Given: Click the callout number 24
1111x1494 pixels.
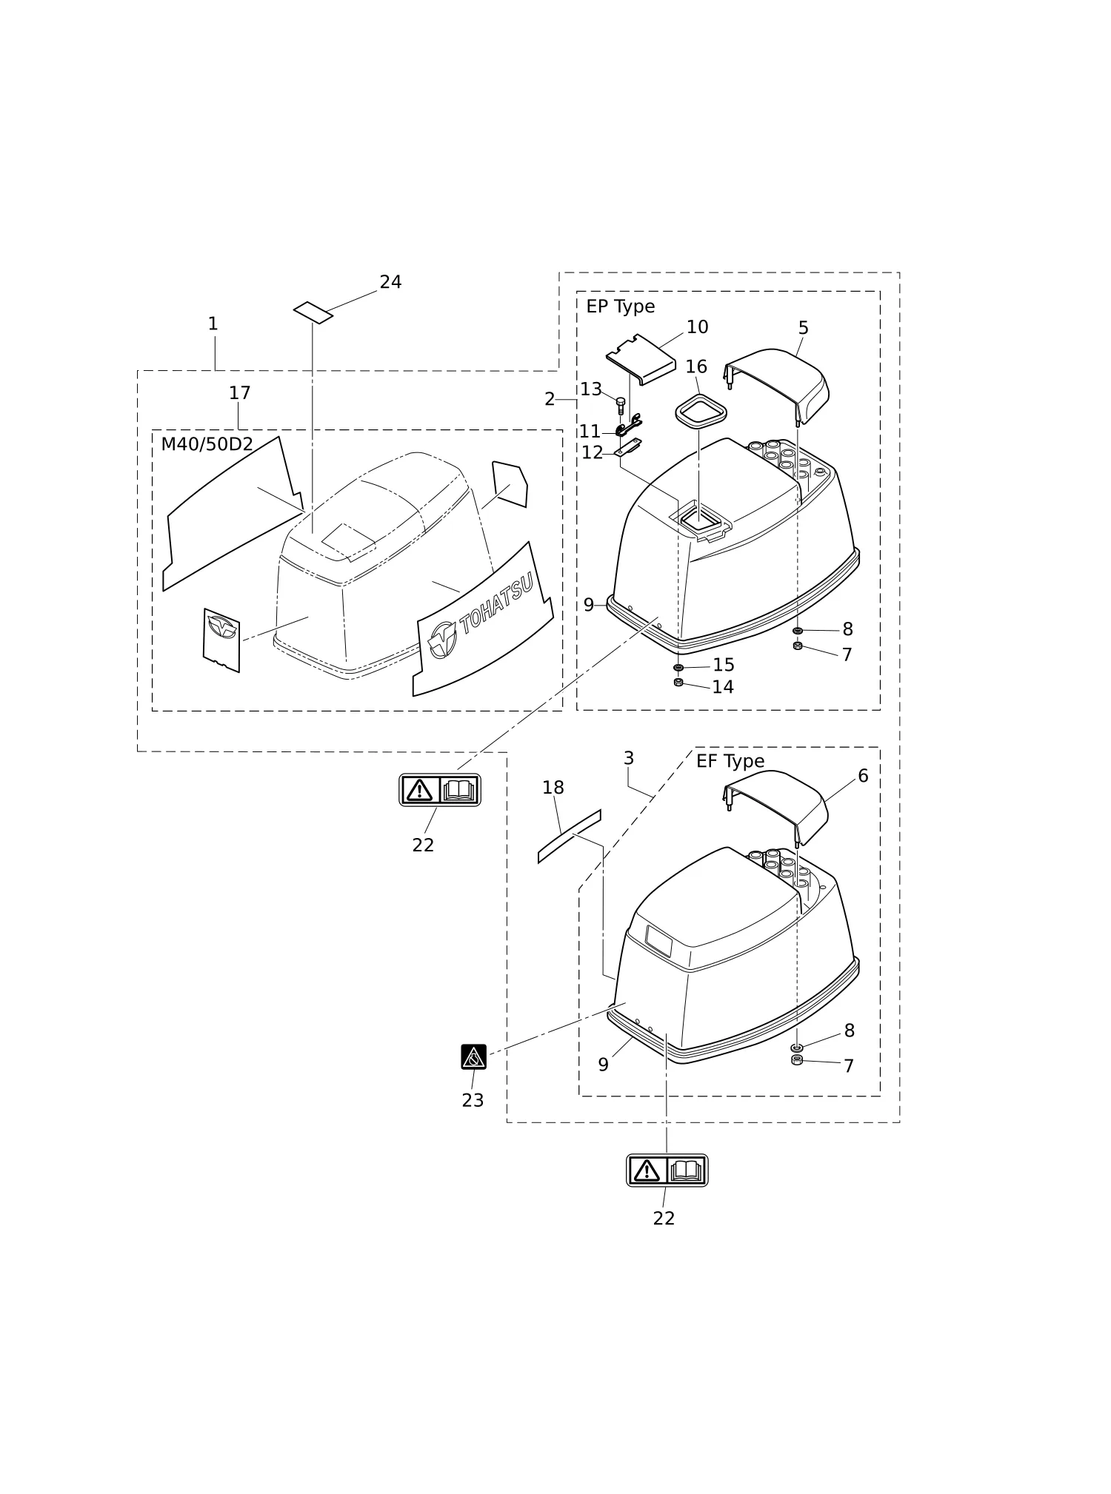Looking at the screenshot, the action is [390, 282].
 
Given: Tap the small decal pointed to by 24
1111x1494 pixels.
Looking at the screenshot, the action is [313, 312].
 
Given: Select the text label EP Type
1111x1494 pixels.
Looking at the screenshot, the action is [621, 306].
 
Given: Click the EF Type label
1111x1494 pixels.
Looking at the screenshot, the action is [730, 761].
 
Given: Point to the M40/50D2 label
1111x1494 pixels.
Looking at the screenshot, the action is [207, 444].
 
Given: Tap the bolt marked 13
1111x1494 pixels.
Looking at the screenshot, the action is [621, 405].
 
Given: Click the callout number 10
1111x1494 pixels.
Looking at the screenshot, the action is [697, 327].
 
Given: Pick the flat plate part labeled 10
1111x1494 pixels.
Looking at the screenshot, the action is [641, 359].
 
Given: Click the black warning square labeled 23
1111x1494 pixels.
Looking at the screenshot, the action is [474, 1056].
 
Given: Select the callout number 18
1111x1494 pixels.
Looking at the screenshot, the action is [553, 788].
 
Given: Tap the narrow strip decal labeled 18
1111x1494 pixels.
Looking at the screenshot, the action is [569, 837].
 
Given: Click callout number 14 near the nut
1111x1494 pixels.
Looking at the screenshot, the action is [723, 687].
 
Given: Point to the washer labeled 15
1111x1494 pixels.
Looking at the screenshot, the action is [678, 668].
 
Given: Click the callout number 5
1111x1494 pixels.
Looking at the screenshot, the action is [804, 328].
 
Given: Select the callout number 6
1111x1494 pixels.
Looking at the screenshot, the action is [863, 776].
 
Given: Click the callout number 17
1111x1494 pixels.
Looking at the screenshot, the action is [239, 393].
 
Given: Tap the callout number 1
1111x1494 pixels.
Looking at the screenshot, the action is [213, 324].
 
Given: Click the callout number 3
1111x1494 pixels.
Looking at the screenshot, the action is [629, 758].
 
